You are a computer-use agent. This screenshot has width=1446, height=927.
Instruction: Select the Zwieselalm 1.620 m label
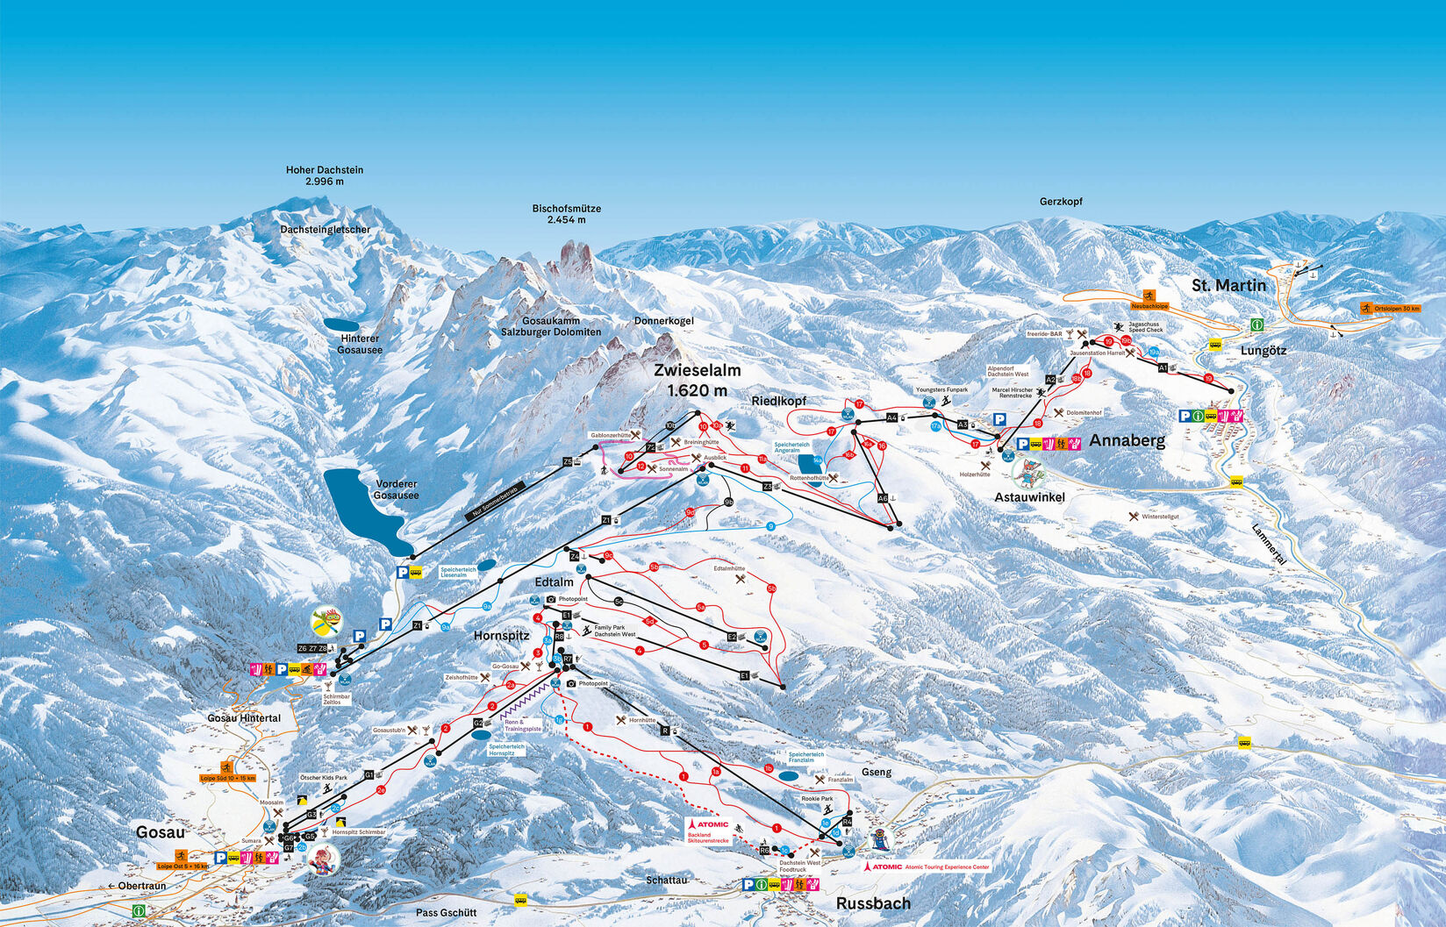click(697, 380)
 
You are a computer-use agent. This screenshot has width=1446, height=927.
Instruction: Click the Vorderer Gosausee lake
click(362, 511)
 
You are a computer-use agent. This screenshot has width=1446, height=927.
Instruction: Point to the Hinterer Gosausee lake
click(341, 324)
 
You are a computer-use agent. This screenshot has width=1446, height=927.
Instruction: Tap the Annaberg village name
click(1127, 440)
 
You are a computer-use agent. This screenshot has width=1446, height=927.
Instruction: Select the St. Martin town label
click(1228, 285)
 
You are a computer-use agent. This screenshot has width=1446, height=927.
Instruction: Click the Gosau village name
click(160, 831)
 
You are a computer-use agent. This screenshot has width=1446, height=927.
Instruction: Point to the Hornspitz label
click(501, 635)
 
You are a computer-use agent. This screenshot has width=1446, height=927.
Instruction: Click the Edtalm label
click(554, 581)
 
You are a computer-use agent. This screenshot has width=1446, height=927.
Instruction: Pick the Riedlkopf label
click(778, 401)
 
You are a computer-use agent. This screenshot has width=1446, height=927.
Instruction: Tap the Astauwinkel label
click(1029, 497)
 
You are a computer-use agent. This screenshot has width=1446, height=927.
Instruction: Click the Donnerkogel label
click(663, 321)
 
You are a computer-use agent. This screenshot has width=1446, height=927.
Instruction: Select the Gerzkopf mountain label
click(1061, 202)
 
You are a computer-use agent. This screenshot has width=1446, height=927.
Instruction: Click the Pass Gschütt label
click(446, 912)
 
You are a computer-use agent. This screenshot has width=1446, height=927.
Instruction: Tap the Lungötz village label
click(1263, 351)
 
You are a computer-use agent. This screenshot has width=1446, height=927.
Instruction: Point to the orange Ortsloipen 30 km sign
click(1389, 309)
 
